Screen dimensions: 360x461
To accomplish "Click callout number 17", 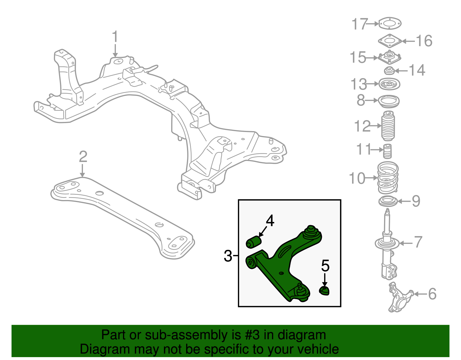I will pos(360,24).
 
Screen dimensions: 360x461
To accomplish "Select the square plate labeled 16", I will pos(390,41).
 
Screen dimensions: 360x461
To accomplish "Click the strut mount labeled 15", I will pos(389,58).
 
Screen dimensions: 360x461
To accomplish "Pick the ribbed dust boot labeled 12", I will pos(388,126).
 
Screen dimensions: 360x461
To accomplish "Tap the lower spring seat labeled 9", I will pos(388,201).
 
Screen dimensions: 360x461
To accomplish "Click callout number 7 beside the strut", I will pos(418,242).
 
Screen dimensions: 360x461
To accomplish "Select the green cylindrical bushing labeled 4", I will pos(253,242).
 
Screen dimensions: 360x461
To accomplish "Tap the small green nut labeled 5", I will pos(324,291).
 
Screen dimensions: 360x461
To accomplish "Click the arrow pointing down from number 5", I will pos(325,280).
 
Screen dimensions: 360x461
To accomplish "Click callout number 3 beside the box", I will pos(228,256).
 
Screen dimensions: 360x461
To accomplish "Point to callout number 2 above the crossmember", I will pos(83,157).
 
